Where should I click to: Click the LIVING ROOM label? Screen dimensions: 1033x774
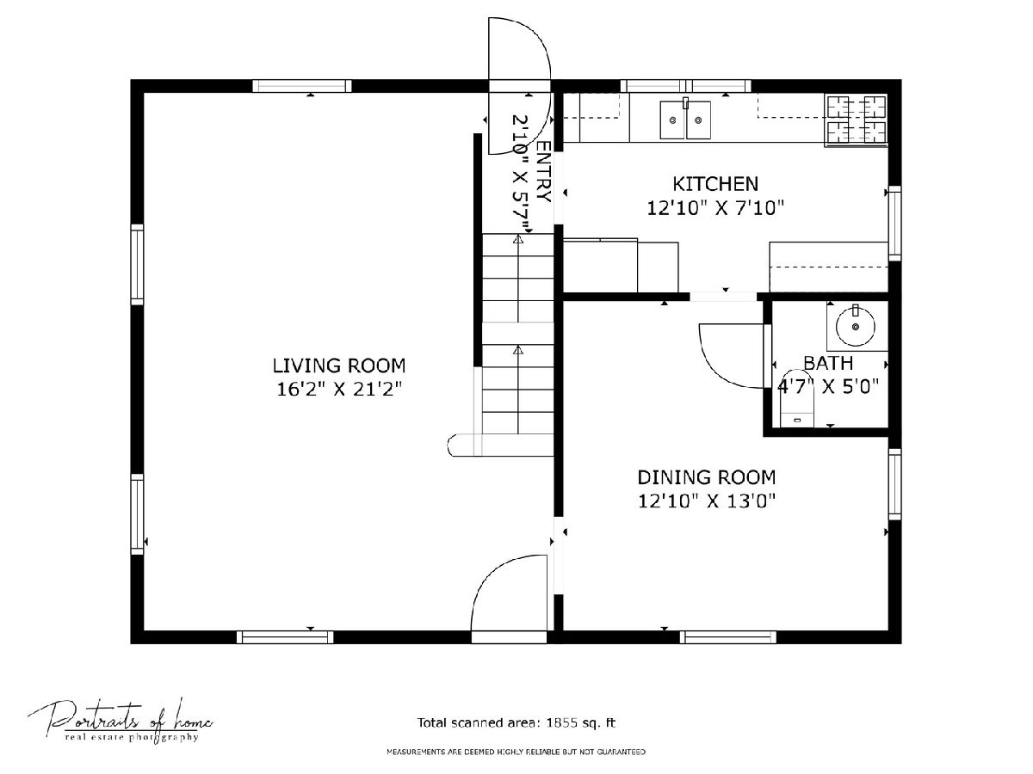tap(339, 365)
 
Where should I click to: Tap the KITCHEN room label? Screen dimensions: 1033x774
tap(715, 184)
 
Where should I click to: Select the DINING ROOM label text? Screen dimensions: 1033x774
tap(707, 477)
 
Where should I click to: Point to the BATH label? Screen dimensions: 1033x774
tap(828, 363)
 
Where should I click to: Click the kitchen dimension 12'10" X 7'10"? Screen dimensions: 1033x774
tap(715, 208)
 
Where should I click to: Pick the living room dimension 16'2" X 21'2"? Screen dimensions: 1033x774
tap(339, 389)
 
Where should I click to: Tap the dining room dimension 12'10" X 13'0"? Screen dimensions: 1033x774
tap(707, 501)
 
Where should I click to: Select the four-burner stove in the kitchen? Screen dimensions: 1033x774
tap(857, 120)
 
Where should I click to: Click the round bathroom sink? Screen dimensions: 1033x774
tap(856, 326)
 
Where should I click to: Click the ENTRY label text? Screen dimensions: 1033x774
tap(543, 171)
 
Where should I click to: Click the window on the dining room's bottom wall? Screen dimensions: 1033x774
tap(728, 637)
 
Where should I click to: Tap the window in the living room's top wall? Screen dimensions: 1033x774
tap(301, 86)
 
